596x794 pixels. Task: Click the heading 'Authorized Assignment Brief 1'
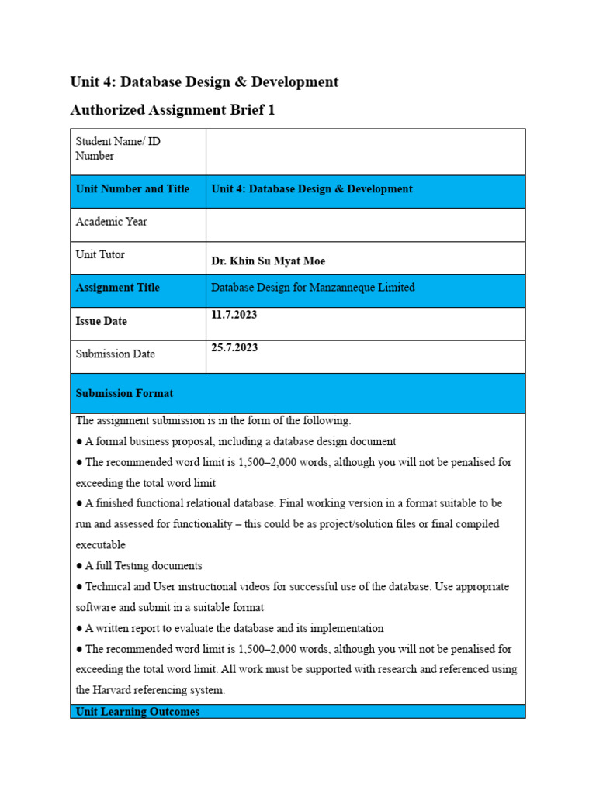[x=172, y=110]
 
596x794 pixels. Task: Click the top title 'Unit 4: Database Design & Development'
[x=204, y=81]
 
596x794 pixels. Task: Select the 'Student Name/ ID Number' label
[x=118, y=149]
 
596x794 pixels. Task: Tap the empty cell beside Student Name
[x=365, y=152]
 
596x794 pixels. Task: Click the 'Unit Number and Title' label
[x=133, y=189]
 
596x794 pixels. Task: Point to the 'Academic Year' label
[x=111, y=222]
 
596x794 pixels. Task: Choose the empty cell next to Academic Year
[x=365, y=225]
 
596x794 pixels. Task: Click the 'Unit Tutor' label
[x=100, y=254]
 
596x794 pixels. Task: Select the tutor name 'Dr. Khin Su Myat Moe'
[x=269, y=261]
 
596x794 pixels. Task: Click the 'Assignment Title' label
[x=118, y=288]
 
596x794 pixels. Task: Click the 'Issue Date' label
[x=102, y=321]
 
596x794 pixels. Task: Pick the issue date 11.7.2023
[x=234, y=315]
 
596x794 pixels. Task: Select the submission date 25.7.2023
[x=234, y=347]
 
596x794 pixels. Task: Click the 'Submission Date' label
[x=115, y=354]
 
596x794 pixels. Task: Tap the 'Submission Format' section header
[x=125, y=393]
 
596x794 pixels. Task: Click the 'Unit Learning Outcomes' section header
[x=137, y=712]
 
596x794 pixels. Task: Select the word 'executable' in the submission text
[x=100, y=545]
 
